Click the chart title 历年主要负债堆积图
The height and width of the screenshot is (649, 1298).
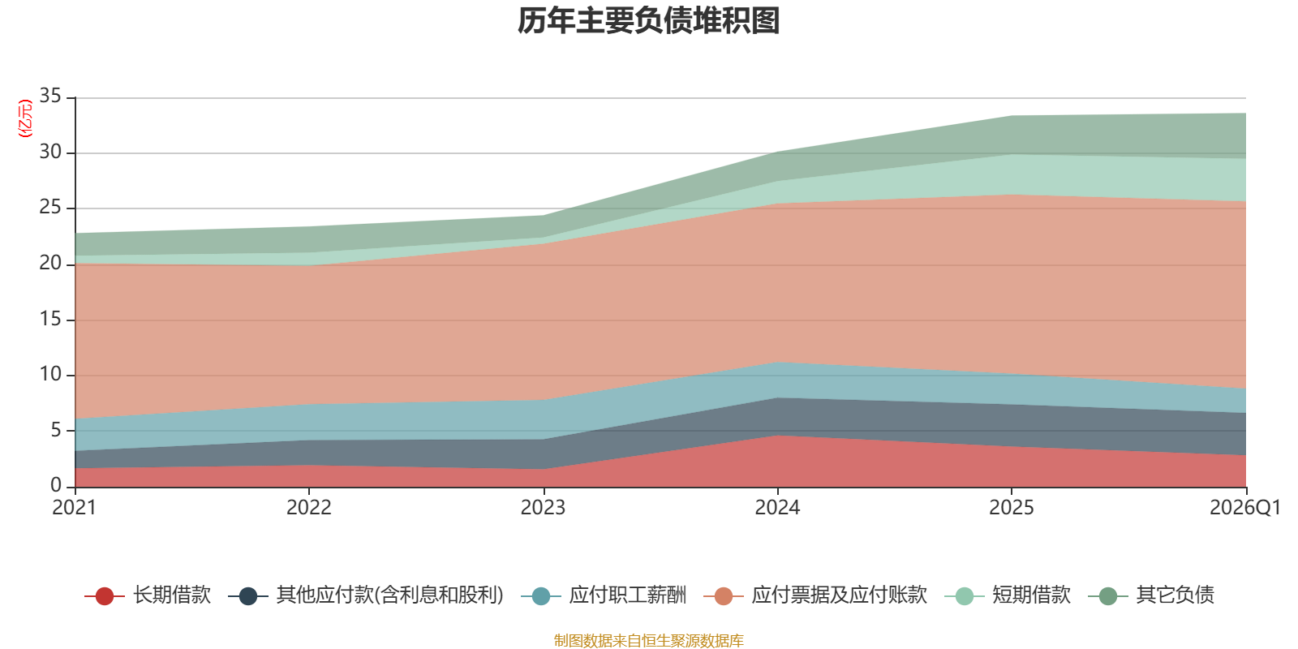tap(649, 21)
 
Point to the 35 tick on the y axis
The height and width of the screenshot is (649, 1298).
tap(50, 97)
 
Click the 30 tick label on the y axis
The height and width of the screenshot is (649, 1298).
tap(50, 152)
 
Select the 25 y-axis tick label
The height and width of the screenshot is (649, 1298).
tap(50, 208)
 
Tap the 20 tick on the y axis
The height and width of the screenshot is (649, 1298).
tap(50, 263)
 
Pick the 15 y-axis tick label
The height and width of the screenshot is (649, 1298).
tap(50, 319)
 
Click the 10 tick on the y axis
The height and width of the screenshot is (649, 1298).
tap(50, 374)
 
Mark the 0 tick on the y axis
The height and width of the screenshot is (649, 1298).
tap(56, 485)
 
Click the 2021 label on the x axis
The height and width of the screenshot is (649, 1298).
tap(75, 508)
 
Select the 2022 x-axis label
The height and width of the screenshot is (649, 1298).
tap(309, 508)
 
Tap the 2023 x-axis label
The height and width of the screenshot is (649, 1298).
tap(543, 508)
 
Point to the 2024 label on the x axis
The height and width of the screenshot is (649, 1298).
tap(777, 508)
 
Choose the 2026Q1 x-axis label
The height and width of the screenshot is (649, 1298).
tap(1244, 508)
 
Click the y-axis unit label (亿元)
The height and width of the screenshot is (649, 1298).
tap(25, 118)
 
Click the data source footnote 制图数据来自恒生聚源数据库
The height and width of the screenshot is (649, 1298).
tap(649, 641)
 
